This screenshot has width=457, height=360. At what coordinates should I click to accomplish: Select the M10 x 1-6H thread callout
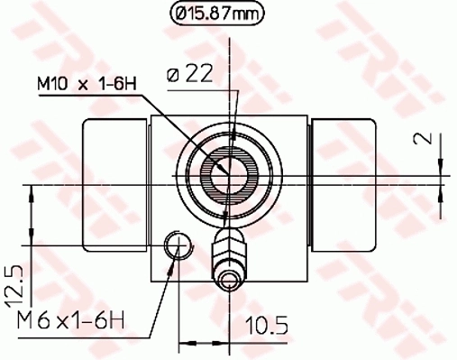(x=85, y=84)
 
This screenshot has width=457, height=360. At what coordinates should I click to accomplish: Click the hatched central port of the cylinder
(x=225, y=169)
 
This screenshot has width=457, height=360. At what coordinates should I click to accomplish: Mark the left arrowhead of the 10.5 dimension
(x=186, y=341)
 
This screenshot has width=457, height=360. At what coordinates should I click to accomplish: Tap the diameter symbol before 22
(x=173, y=78)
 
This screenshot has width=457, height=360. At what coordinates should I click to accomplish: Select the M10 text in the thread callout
(x=51, y=84)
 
